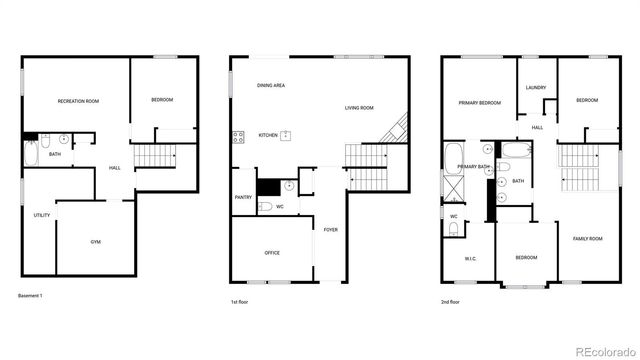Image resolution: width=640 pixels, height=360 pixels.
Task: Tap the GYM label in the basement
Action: pyautogui.click(x=96, y=242)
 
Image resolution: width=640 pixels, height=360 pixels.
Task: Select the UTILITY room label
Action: pyautogui.click(x=42, y=215)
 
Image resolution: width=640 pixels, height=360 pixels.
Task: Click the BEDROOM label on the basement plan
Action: pyautogui.click(x=162, y=99)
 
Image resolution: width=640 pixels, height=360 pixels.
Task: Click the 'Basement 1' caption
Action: pyautogui.click(x=31, y=297)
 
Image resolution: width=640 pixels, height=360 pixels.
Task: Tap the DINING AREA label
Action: pyautogui.click(x=271, y=86)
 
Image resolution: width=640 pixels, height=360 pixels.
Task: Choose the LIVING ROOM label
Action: pyautogui.click(x=359, y=108)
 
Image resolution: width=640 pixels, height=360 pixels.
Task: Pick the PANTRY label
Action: pyautogui.click(x=243, y=197)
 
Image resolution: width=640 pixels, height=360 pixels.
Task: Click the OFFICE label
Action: pyautogui.click(x=272, y=253)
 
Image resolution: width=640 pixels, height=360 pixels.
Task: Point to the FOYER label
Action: pyautogui.click(x=330, y=229)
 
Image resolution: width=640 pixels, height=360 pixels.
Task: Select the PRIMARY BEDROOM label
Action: pyautogui.click(x=479, y=103)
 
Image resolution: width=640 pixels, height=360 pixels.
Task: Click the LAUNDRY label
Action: pyautogui.click(x=535, y=88)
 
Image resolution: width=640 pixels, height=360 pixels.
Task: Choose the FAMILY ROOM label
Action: pyautogui.click(x=587, y=239)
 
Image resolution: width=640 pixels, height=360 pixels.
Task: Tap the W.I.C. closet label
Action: pyautogui.click(x=471, y=259)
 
